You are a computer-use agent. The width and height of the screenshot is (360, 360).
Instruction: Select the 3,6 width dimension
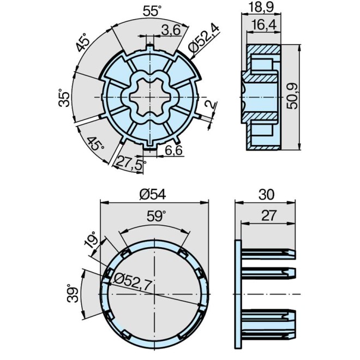tap(171, 31)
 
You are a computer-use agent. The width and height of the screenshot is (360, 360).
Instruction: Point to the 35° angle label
tap(65, 98)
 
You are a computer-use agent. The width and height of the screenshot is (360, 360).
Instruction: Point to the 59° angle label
tap(155, 217)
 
